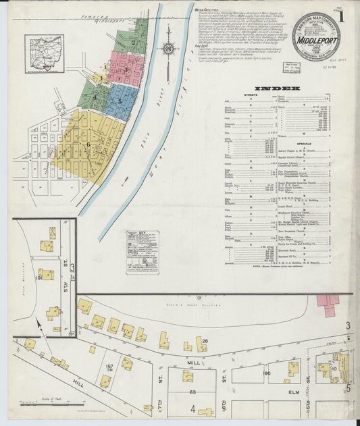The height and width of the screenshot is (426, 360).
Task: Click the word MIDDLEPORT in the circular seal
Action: (x=321, y=36)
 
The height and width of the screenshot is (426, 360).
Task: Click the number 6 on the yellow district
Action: (x=88, y=144)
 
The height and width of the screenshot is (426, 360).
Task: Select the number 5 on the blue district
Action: (x=120, y=101)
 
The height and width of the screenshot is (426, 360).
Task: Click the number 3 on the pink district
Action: (x=126, y=68)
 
